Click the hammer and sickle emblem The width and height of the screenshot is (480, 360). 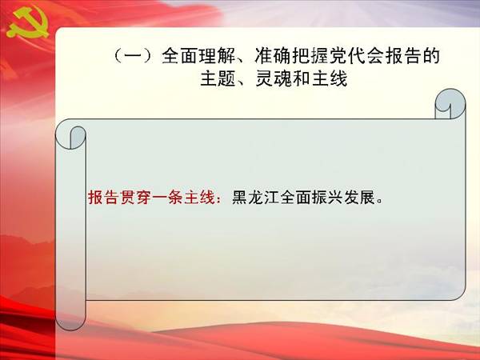[x=28, y=22]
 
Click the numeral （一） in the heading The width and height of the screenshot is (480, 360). [x=134, y=56]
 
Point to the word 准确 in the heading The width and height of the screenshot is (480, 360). [x=273, y=56]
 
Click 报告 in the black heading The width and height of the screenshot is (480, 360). [x=403, y=56]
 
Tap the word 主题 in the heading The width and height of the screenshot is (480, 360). [x=218, y=78]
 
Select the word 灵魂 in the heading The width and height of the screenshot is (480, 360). [x=274, y=78]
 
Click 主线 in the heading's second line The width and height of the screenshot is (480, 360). [x=330, y=78]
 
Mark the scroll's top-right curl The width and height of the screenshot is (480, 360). [x=450, y=104]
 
